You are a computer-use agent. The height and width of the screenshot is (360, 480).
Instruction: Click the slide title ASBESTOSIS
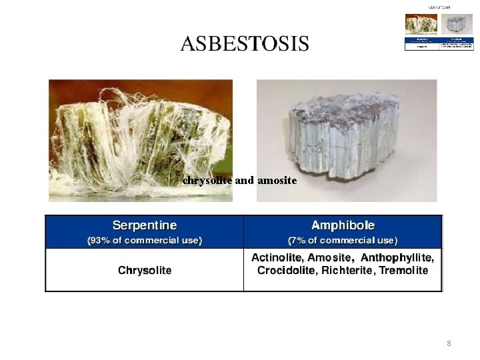coord(245,44)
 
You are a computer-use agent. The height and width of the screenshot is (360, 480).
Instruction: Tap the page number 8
coord(449,343)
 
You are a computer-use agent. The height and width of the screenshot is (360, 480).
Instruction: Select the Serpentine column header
coord(145,225)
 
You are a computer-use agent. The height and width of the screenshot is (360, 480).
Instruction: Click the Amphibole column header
coord(343,225)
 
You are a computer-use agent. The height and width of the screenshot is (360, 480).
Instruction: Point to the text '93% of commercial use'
coord(145,240)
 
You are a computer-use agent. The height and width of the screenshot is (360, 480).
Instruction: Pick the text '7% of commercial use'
coord(343,240)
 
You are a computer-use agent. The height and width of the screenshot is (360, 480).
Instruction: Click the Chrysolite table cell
coord(145,270)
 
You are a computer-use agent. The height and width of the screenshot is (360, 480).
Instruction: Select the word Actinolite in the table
coord(278,257)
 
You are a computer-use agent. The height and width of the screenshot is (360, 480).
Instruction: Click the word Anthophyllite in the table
coord(397,257)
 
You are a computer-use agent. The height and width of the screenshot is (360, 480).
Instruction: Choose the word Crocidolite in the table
coord(285,271)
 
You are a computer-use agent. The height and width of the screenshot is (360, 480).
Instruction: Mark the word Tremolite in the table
coord(404,271)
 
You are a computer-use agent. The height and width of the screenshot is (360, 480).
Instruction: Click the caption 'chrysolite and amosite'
coord(239,180)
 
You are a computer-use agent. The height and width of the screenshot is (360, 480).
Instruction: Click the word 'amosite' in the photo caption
coord(277,180)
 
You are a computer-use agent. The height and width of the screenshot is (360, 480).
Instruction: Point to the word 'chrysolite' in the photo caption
coord(207,180)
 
